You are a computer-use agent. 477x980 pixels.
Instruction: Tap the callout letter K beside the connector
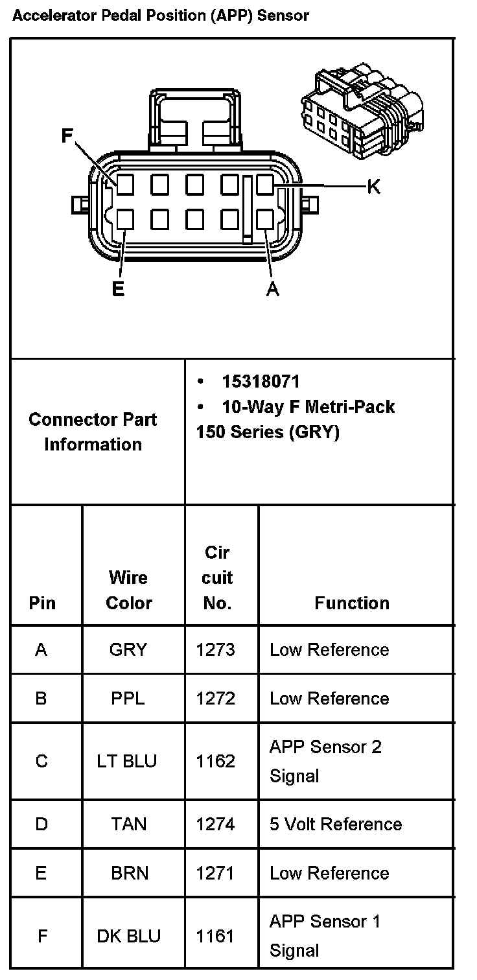[x=373, y=187]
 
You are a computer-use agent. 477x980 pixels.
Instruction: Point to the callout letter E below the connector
[x=118, y=288]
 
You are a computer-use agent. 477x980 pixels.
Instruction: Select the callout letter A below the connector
[x=273, y=289]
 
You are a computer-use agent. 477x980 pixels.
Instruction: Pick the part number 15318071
[x=261, y=382]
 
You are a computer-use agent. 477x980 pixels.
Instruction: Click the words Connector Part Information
[x=93, y=432]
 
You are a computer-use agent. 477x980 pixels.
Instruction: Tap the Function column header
[x=352, y=603]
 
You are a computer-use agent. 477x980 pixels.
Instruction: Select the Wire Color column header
[x=128, y=590]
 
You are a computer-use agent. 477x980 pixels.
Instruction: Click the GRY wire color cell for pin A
[x=128, y=649]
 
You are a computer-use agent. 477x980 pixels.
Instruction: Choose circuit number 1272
[x=216, y=699]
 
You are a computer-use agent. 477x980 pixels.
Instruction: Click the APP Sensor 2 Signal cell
[x=325, y=761]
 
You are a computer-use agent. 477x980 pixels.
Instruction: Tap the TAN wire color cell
[x=128, y=824]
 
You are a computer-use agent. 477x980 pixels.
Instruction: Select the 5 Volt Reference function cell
[x=336, y=824]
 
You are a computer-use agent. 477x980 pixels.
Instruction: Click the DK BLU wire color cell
[x=128, y=936]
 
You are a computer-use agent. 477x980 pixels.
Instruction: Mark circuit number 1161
[x=215, y=936]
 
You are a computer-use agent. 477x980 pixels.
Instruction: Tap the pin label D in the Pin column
[x=41, y=824]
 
